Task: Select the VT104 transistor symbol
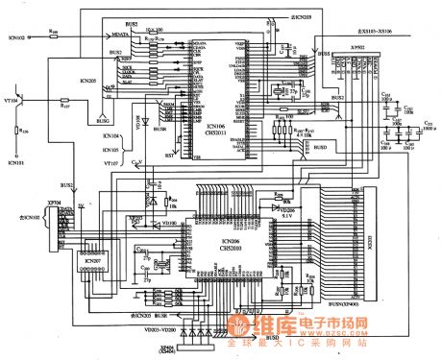[26, 100]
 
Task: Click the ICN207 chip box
[92, 261]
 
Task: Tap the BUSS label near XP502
[324, 56]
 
